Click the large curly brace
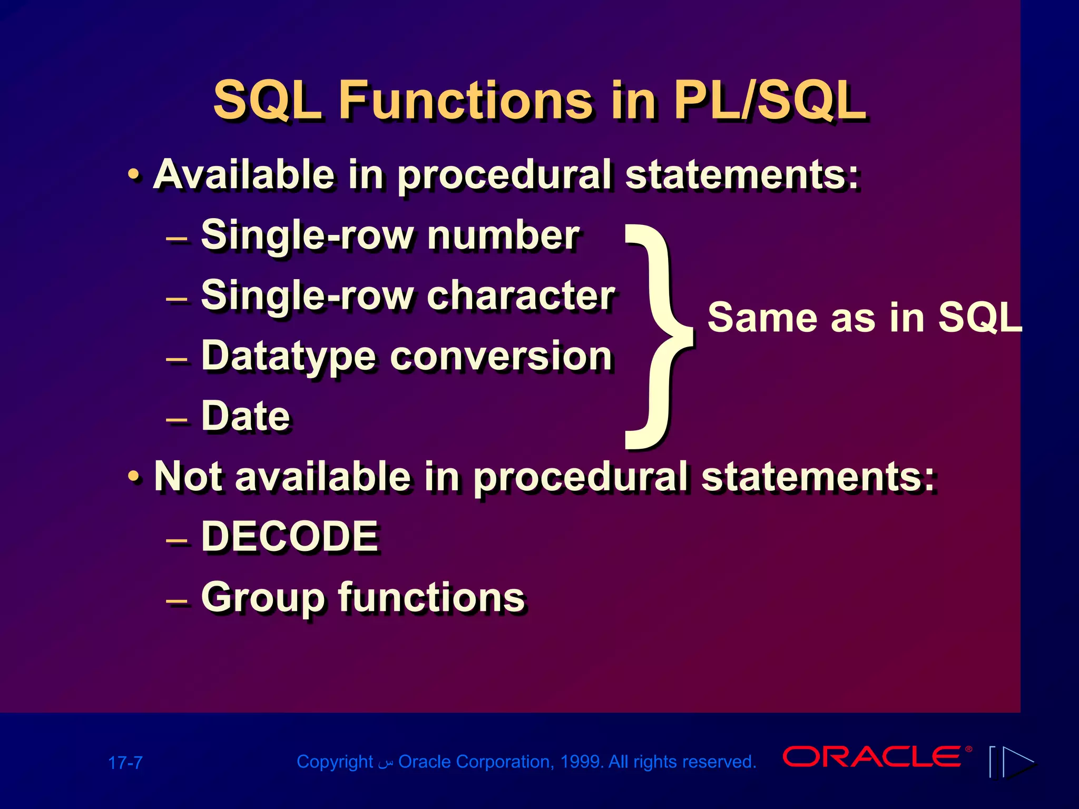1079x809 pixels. pyautogui.click(x=659, y=337)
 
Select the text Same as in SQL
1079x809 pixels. pyautogui.click(x=864, y=318)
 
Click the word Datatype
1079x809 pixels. pyautogui.click(x=289, y=357)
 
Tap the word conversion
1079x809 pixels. pyautogui.click(x=501, y=357)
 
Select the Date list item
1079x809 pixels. pyautogui.click(x=246, y=417)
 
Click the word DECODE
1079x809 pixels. pyautogui.click(x=290, y=537)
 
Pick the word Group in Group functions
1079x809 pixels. pyautogui.click(x=262, y=598)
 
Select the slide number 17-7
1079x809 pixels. pyautogui.click(x=125, y=763)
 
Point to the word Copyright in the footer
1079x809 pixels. pyautogui.click(x=335, y=762)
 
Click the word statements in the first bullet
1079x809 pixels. pyautogui.click(x=742, y=175)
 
